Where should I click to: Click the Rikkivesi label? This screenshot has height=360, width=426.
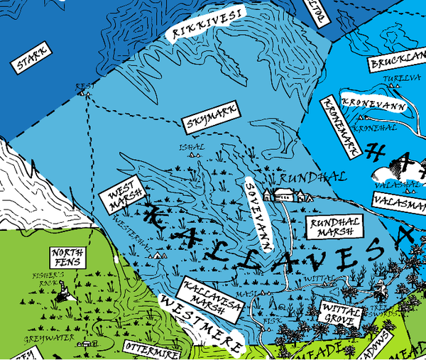click(204, 23)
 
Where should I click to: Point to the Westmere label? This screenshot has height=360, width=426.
click(202, 324)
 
